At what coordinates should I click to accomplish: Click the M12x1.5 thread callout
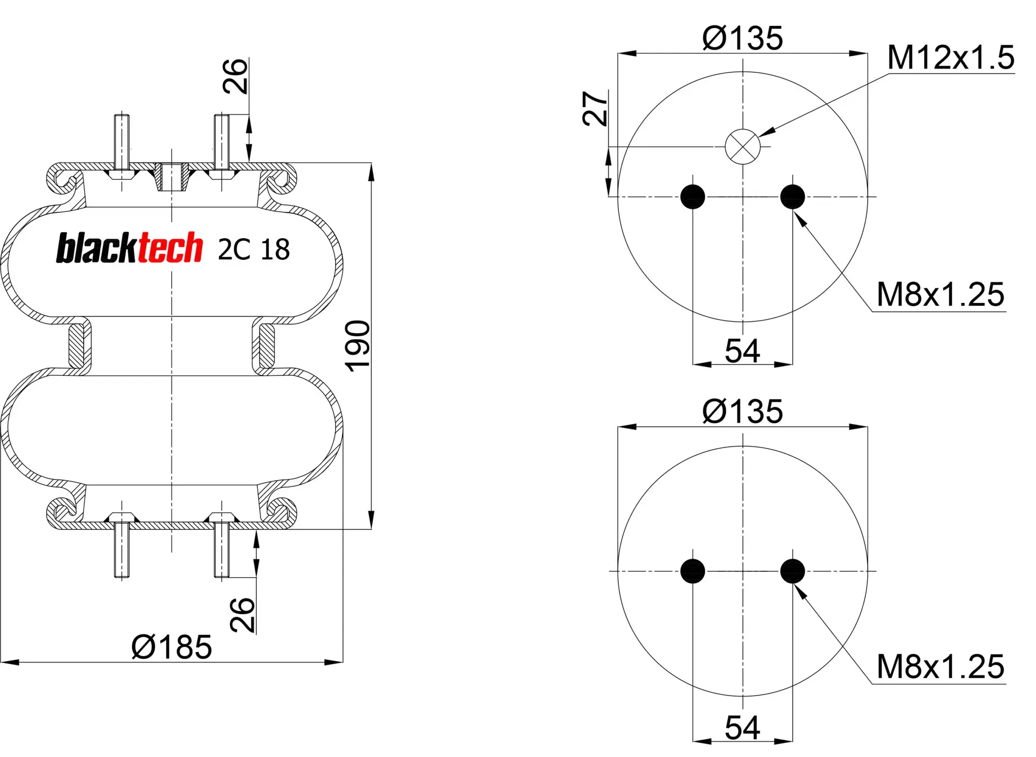tap(950, 57)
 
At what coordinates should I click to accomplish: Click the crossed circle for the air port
tap(742, 146)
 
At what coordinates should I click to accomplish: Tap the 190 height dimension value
tap(357, 346)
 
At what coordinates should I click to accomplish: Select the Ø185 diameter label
tap(172, 647)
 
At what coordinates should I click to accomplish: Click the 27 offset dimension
tap(595, 109)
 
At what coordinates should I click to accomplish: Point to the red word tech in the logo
tap(171, 248)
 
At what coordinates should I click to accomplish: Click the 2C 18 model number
tap(254, 249)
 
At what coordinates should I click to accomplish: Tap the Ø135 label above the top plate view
tap(742, 38)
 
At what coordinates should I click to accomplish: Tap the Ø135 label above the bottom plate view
tap(742, 411)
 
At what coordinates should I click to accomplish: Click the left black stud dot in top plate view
tap(693, 197)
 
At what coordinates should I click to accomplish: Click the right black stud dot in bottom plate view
tap(793, 571)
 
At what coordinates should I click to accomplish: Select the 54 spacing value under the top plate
tap(742, 351)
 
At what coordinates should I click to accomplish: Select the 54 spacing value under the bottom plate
tap(742, 727)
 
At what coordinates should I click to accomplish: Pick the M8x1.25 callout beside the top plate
tap(940, 295)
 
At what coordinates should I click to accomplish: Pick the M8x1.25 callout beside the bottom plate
tap(940, 667)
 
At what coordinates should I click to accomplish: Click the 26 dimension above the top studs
tap(236, 76)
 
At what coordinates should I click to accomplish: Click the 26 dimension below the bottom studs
tap(242, 614)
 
